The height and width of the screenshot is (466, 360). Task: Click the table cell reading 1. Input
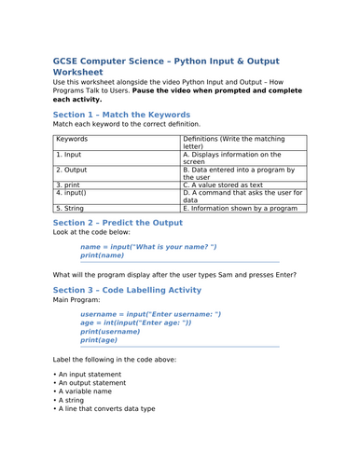point(71,155)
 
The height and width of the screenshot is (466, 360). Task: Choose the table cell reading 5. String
point(73,209)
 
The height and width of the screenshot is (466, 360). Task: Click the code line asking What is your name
point(148,246)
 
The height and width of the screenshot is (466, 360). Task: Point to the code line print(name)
point(102,254)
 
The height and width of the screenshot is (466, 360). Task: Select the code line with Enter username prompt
point(150,314)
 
